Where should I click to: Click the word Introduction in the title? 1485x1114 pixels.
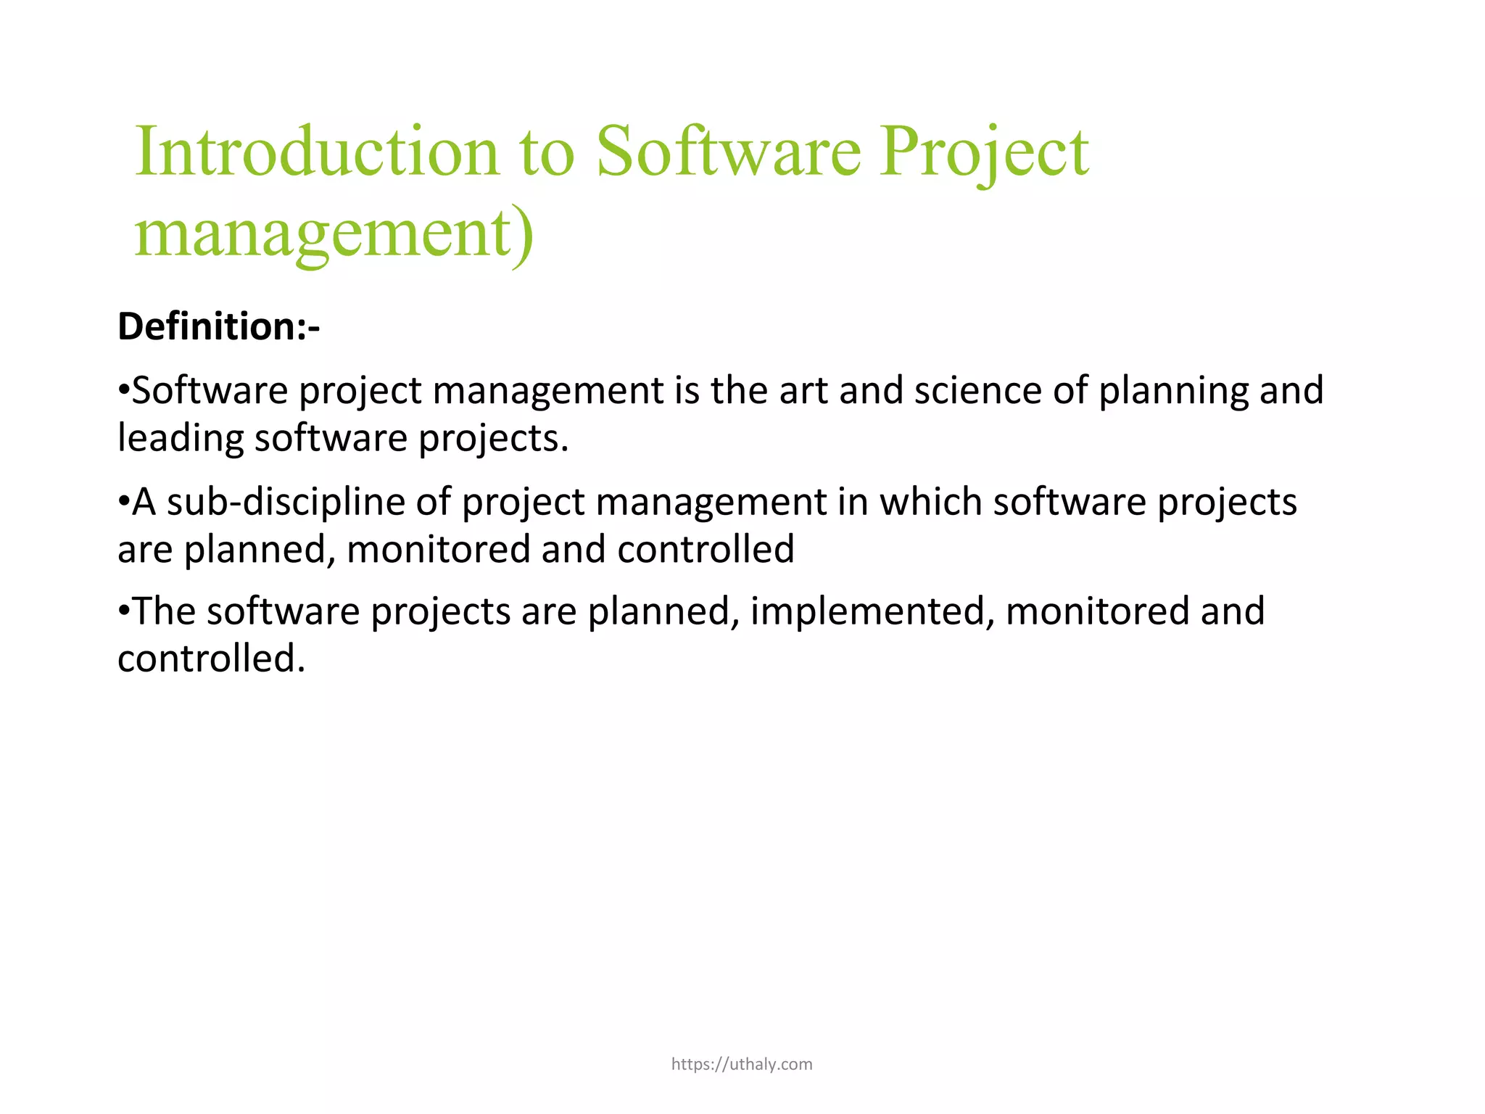tap(317, 152)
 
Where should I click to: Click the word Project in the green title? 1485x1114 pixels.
tap(983, 152)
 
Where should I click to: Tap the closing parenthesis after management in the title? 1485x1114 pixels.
tap(524, 235)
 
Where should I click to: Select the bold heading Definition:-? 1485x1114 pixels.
tap(218, 326)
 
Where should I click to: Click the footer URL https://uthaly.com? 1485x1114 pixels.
tap(742, 1064)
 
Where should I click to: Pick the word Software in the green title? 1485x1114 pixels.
tap(728, 152)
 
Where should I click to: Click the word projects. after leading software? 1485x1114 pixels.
tap(493, 440)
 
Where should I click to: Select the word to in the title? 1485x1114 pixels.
tap(547, 152)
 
